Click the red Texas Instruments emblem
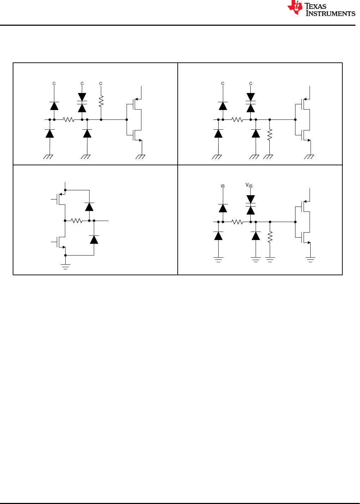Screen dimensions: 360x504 pos(295,7)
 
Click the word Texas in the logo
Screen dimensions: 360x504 pos(315,6)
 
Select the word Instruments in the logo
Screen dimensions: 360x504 pos(330,13)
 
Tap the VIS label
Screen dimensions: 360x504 pos(249,185)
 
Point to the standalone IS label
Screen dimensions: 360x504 pos(223,186)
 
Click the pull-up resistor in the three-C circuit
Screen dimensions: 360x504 pos(101,101)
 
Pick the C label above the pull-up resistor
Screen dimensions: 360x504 pos(100,84)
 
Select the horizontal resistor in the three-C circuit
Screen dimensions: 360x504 pos(68,120)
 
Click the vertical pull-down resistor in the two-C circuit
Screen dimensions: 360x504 pos(270,135)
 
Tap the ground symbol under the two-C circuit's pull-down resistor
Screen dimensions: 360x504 pos(268,157)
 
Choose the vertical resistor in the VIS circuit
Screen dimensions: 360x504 pos(270,237)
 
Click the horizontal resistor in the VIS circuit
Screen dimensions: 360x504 pos(237,222)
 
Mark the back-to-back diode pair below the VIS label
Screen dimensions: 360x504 pos(251,205)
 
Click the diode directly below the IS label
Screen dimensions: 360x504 pos(223,208)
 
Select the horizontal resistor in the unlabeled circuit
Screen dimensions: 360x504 pos(77,221)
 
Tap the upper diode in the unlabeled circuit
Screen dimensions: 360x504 pos(89,207)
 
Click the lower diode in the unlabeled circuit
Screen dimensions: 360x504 pos(94,240)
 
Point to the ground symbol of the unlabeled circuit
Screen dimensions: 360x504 pos(65,267)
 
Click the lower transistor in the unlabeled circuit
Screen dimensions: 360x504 pos(58,242)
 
